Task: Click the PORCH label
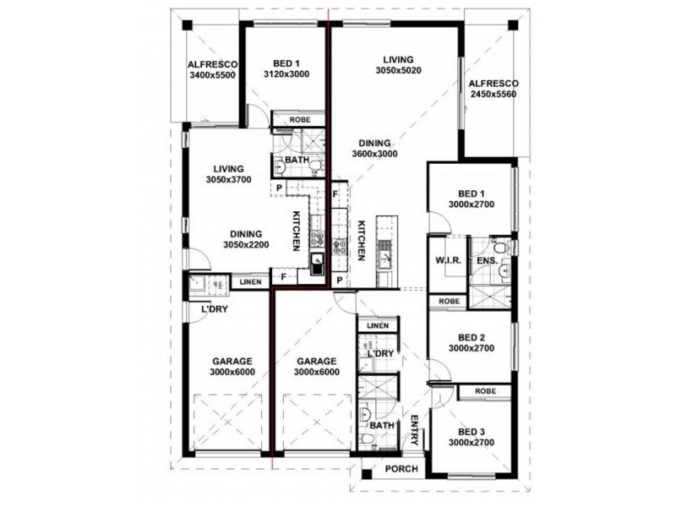tap(401, 469)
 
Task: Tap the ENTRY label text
tap(414, 430)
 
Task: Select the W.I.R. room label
tap(449, 260)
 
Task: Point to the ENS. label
tap(488, 260)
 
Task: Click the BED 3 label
tap(472, 432)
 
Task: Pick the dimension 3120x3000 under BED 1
tap(286, 74)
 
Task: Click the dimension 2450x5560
tap(493, 94)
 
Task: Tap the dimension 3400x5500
tap(213, 75)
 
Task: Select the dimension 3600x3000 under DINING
tap(374, 154)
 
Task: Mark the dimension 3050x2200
tap(246, 245)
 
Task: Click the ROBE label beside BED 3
tap(485, 391)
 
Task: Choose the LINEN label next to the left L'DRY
tap(250, 282)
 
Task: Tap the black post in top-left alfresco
tap(187, 25)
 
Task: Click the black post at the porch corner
tap(367, 474)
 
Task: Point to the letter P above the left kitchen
tap(280, 188)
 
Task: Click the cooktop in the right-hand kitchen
tap(339, 247)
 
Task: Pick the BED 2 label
tap(472, 337)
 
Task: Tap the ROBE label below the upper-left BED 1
tap(300, 119)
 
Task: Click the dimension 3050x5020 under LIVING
tap(398, 70)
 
